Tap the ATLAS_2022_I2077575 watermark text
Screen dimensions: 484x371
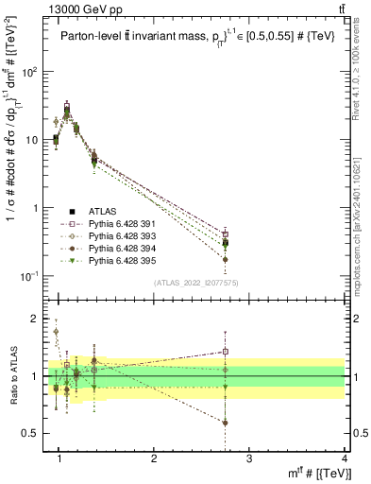[x=201, y=282]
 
